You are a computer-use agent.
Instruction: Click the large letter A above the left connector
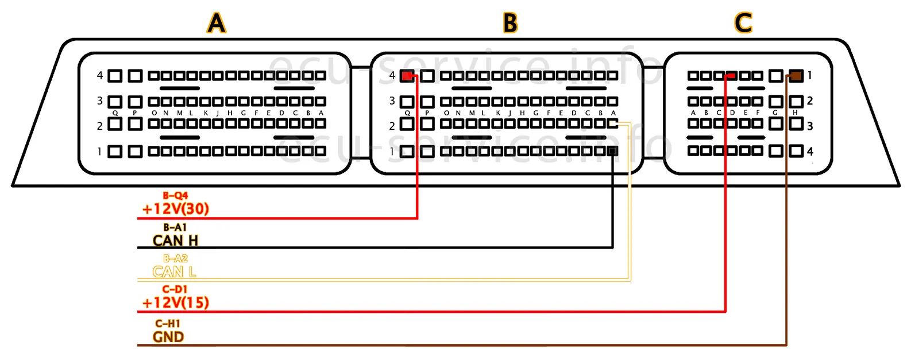pyautogui.click(x=216, y=24)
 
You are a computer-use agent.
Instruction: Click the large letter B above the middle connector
pyautogui.click(x=510, y=24)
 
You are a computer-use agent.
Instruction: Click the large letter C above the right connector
pyautogui.click(x=743, y=24)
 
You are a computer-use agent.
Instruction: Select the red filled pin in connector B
pyautogui.click(x=407, y=76)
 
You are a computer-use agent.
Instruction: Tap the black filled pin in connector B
pyautogui.click(x=613, y=151)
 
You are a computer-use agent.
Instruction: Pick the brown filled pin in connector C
pyautogui.click(x=796, y=75)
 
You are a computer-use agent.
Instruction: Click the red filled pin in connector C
pyautogui.click(x=731, y=75)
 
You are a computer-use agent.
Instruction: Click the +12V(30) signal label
pyautogui.click(x=176, y=209)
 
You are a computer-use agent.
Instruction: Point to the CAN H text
pyautogui.click(x=176, y=241)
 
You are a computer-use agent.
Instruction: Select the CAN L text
pyautogui.click(x=174, y=272)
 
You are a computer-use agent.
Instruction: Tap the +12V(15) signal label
pyautogui.click(x=176, y=303)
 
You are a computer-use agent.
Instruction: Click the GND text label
pyautogui.click(x=168, y=337)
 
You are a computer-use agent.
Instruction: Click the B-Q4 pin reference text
pyautogui.click(x=175, y=196)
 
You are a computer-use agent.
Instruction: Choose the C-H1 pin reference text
pyautogui.click(x=168, y=324)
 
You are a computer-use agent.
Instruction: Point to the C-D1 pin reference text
pyautogui.click(x=175, y=289)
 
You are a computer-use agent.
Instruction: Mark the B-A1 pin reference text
pyautogui.click(x=175, y=227)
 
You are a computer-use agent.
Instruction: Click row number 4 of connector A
pyautogui.click(x=100, y=75)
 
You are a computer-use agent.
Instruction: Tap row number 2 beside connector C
pyautogui.click(x=810, y=101)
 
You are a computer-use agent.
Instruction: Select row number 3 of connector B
pyautogui.click(x=392, y=101)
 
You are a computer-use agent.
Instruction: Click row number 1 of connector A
pyautogui.click(x=100, y=152)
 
